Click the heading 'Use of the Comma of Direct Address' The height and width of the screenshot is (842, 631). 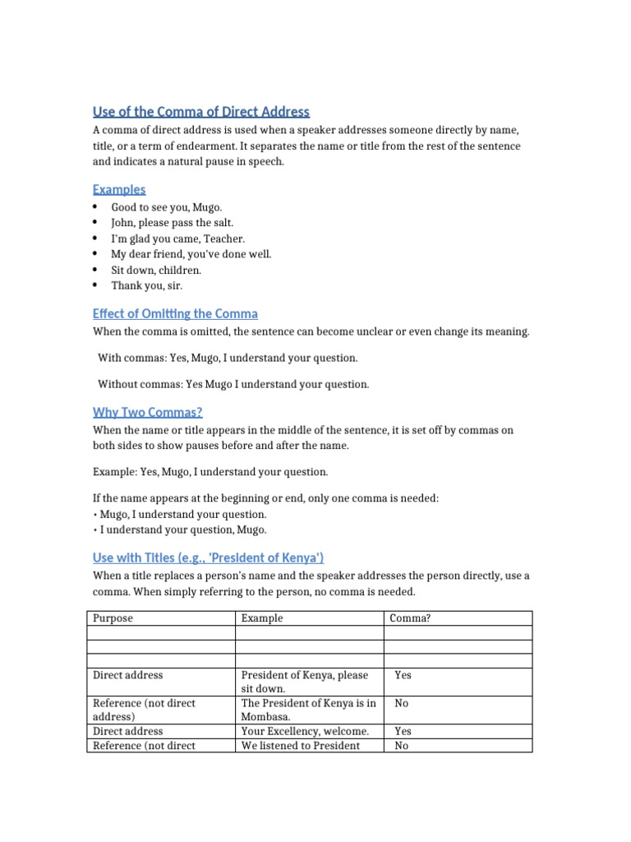click(200, 112)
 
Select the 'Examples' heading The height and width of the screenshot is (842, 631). click(119, 189)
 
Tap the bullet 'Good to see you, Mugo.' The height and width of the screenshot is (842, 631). click(167, 207)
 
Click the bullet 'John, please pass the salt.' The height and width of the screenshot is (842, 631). click(173, 223)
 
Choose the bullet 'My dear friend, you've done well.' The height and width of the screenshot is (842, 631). click(191, 254)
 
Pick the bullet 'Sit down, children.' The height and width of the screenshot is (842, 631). click(156, 270)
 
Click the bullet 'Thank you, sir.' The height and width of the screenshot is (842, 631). click(147, 285)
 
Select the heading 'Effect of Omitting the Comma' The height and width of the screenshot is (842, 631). click(175, 313)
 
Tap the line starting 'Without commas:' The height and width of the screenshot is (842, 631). click(233, 384)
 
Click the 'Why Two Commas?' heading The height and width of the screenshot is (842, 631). click(147, 412)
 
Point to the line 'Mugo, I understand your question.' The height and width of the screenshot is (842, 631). click(182, 515)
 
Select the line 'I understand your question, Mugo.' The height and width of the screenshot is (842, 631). click(182, 530)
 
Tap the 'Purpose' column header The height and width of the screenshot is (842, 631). click(113, 618)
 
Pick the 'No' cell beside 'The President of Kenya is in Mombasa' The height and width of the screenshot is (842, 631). click(402, 703)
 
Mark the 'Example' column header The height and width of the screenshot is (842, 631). click(262, 618)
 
